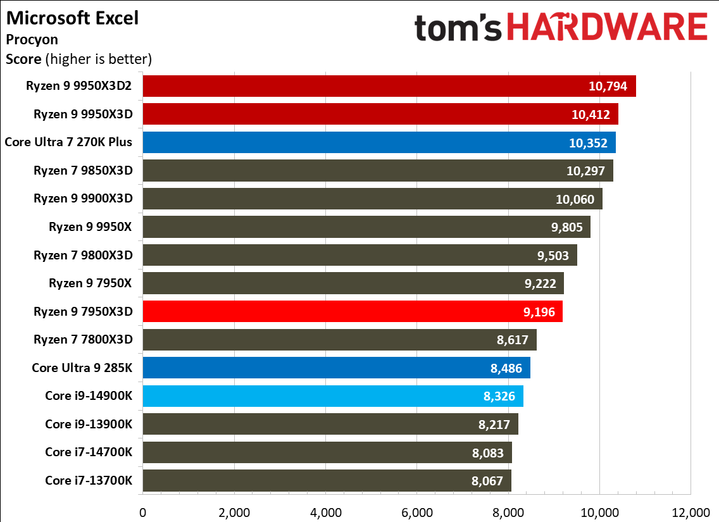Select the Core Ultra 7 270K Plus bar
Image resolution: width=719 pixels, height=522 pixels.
[x=379, y=142]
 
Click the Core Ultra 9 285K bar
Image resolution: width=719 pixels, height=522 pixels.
[x=336, y=368]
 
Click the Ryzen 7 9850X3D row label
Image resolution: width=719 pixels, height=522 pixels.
[x=84, y=170]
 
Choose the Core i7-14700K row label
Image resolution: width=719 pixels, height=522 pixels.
[x=89, y=452]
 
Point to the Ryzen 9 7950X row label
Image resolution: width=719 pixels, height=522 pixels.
[x=91, y=283]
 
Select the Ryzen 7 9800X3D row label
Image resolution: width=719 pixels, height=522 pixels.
[x=84, y=255]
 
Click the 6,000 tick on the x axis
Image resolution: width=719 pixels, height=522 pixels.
[x=417, y=511]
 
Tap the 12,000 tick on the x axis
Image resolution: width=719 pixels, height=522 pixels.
[x=691, y=511]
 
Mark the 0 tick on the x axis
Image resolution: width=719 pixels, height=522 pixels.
[x=143, y=511]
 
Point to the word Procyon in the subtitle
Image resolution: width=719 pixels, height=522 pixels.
[x=32, y=39]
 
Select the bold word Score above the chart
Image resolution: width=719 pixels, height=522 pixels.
[x=23, y=60]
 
